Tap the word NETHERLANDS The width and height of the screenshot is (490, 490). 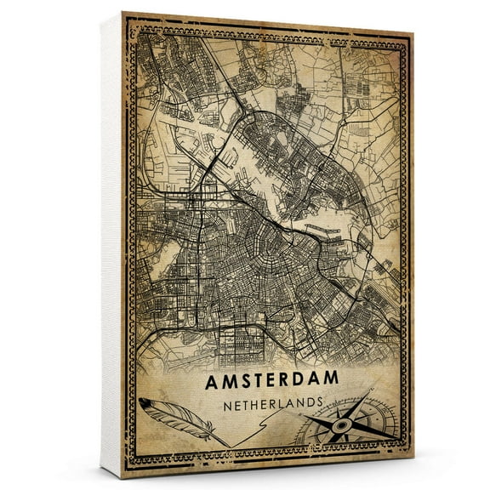tap(272, 403)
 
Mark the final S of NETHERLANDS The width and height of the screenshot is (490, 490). tap(319, 405)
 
